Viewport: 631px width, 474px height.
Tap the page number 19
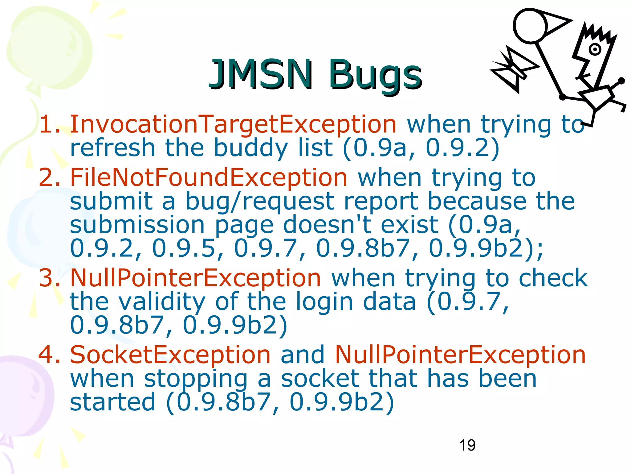pos(467,445)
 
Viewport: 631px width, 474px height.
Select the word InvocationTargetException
pos(233,124)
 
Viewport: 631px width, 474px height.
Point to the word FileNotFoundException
pos(209,178)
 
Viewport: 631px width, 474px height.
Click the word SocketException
pos(170,355)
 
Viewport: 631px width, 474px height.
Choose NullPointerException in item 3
pos(196,278)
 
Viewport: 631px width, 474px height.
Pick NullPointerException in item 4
pos(460,355)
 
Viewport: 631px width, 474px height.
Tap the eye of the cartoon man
pos(595,49)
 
